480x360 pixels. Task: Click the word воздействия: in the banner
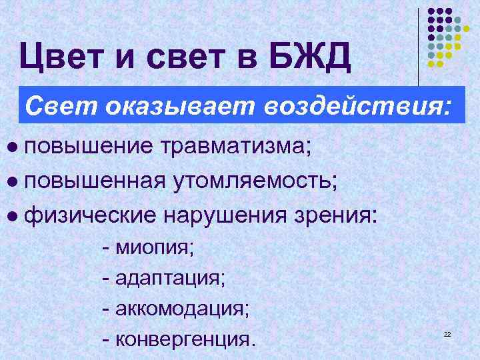[x=357, y=105]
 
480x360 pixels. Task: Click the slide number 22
[x=447, y=333]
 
